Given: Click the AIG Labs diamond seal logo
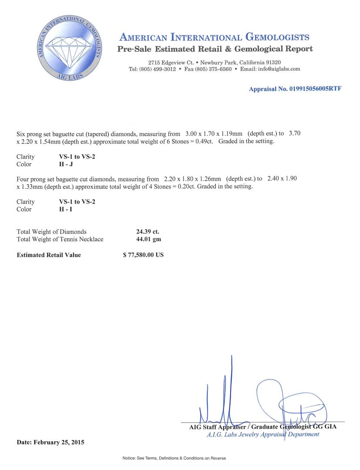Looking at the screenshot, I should [x=69, y=47].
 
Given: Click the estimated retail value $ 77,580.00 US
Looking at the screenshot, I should [x=143, y=255].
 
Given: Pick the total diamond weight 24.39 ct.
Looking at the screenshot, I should [x=148, y=232].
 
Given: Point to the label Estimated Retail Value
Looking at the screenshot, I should [x=49, y=255].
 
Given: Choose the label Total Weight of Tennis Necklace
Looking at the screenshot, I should [x=60, y=239].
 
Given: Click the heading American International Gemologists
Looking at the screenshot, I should [x=214, y=37].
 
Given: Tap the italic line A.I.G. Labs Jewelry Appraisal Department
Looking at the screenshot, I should [x=263, y=434].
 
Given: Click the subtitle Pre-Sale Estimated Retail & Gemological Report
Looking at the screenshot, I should [x=215, y=49].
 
